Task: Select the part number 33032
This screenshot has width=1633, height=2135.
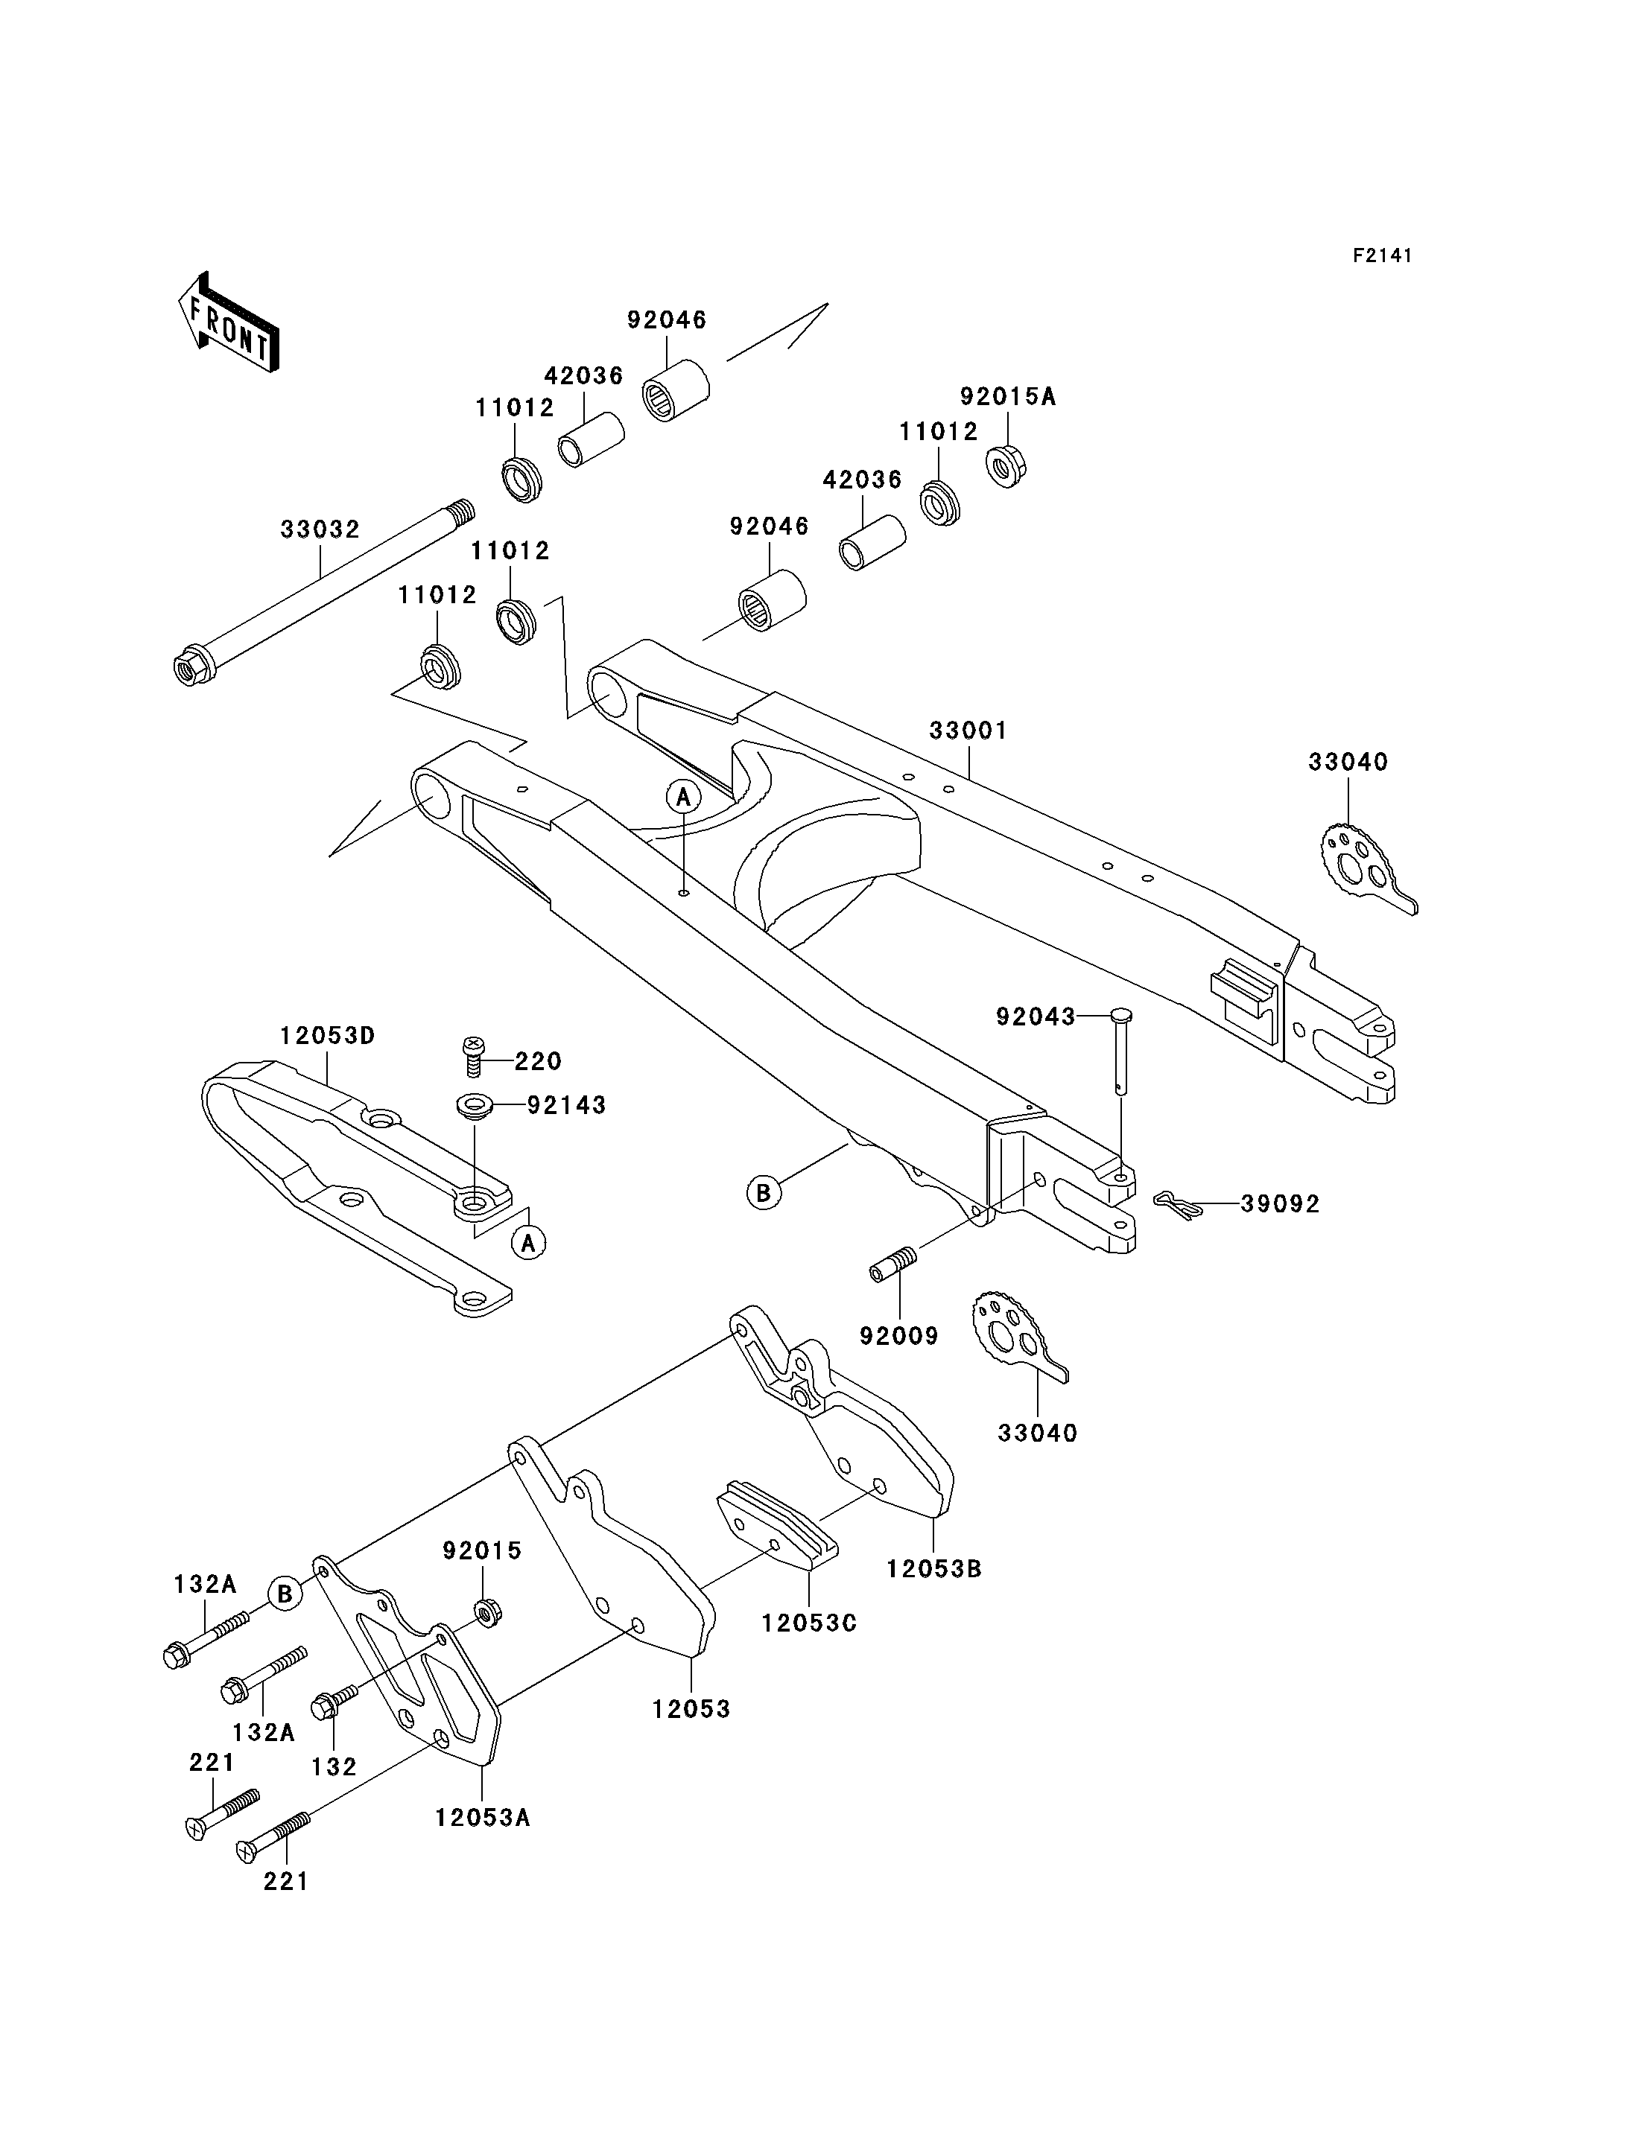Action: click(x=320, y=529)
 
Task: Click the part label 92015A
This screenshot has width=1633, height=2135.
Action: click(x=1008, y=396)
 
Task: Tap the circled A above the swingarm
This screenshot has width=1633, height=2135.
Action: click(x=683, y=797)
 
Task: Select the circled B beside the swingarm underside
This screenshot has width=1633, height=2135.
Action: click(x=764, y=1191)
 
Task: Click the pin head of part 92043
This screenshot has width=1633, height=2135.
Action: click(x=1120, y=1016)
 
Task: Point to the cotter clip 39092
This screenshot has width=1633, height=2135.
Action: click(x=1178, y=1203)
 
